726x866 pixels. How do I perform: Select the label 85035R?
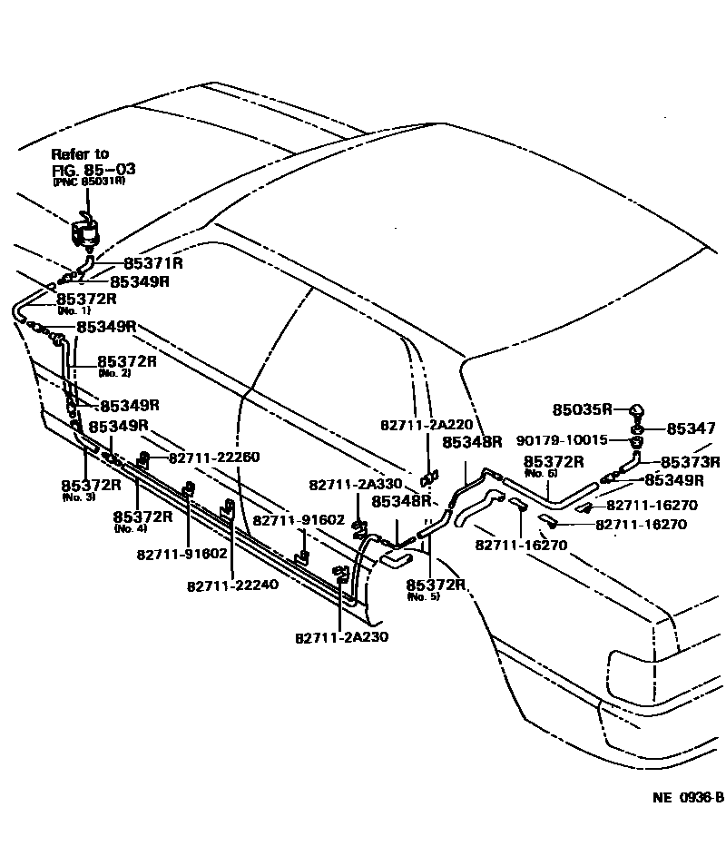[x=584, y=408]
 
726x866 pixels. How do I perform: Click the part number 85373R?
[x=689, y=461]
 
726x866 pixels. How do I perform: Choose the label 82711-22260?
[x=214, y=457]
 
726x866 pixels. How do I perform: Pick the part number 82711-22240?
[x=233, y=586]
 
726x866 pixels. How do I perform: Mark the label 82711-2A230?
[x=341, y=636]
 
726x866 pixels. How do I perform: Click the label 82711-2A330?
[x=354, y=485]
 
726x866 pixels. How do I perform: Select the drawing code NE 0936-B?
[x=688, y=798]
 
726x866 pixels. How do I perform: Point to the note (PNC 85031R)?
[x=88, y=182]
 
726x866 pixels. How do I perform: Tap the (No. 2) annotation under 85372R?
[x=113, y=373]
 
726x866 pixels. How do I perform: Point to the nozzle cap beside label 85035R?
[x=635, y=409]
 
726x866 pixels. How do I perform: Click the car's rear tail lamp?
[x=634, y=677]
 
